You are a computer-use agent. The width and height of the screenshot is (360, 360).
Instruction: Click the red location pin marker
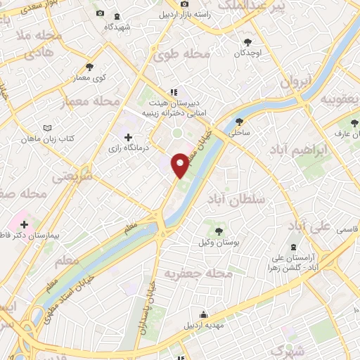click(181, 164)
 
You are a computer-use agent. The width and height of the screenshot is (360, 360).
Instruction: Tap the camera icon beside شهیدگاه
click(100, 14)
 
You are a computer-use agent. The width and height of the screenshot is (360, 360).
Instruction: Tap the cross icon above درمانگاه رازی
click(127, 137)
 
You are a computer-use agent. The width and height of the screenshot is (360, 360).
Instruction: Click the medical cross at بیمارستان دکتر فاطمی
click(24, 224)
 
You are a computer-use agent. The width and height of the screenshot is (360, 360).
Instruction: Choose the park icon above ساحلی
click(240, 121)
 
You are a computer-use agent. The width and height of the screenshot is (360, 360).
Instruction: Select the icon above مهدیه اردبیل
click(203, 314)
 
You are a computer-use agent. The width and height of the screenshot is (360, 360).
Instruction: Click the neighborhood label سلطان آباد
click(236, 200)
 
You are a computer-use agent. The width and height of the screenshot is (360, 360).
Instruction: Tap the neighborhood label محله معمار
click(92, 103)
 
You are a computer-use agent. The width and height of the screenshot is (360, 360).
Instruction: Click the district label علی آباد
click(309, 226)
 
